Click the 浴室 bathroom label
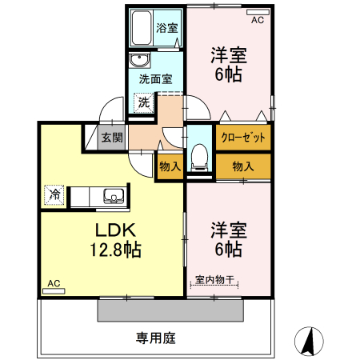(x=166, y=27)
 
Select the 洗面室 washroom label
(x=155, y=79)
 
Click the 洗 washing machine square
(x=143, y=102)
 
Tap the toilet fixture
(x=200, y=154)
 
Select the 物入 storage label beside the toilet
(x=170, y=166)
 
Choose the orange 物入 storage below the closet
(x=242, y=166)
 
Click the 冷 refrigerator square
(x=55, y=194)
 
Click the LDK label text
(x=114, y=230)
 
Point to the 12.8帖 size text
(x=114, y=250)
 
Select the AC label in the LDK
(x=54, y=283)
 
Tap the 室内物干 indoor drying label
(x=215, y=280)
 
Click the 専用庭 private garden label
(x=155, y=338)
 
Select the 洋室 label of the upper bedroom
(x=228, y=56)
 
